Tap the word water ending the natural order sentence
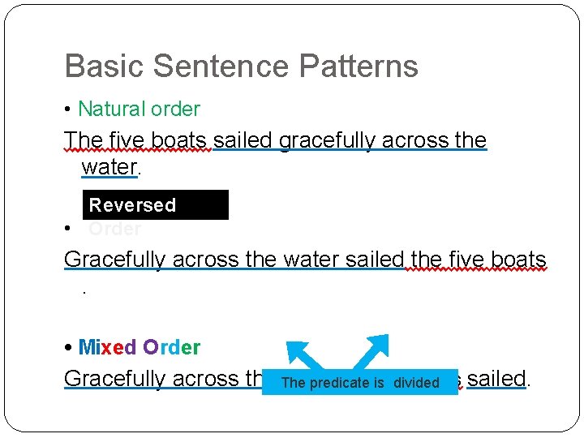(109, 168)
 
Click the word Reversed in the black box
(132, 205)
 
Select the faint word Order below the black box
(114, 229)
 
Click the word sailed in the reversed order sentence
(374, 260)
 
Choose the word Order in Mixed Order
(172, 347)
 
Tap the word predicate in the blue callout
(339, 383)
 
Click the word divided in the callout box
(416, 383)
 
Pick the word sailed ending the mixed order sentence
(497, 379)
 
